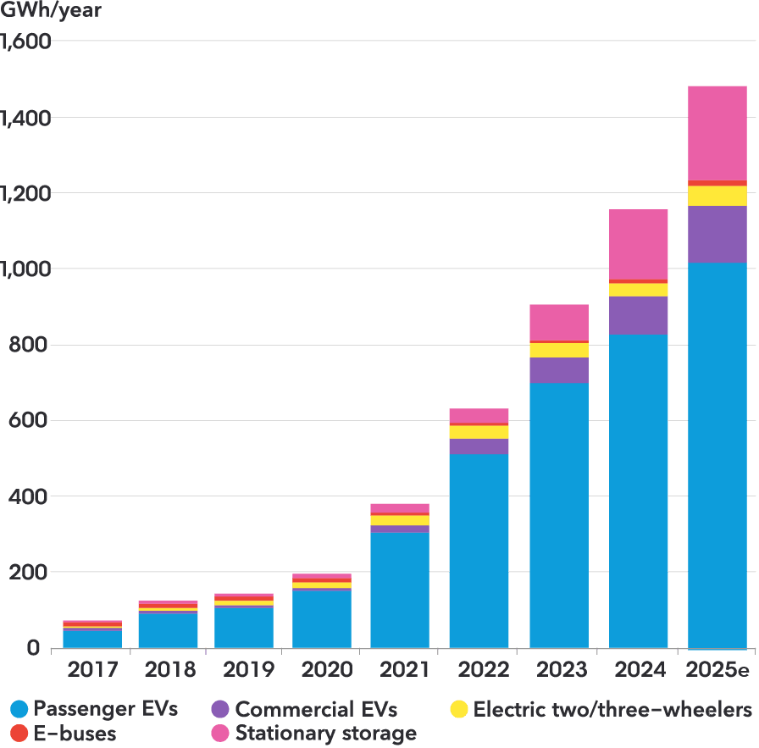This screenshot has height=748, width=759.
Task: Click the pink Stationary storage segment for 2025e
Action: pos(717,133)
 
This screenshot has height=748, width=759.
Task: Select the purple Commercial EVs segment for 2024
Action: pos(638,315)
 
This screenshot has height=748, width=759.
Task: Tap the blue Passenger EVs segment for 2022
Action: pos(479,551)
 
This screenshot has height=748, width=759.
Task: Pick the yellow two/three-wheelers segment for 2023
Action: pos(558,350)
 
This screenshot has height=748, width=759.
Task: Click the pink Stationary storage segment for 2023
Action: pos(558,322)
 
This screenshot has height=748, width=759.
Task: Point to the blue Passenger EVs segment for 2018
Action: pos(168,629)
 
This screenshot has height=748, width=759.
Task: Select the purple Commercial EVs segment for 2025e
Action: pos(717,234)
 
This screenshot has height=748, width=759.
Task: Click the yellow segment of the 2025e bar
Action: pos(717,196)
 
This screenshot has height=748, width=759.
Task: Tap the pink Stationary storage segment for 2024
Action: pos(638,244)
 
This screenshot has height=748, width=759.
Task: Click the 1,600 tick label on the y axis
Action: pos(26,41)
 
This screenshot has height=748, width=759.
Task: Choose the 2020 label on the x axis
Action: pos(327,670)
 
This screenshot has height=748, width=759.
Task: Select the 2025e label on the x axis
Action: pos(717,670)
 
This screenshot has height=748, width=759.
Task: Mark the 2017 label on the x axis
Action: pos(91,670)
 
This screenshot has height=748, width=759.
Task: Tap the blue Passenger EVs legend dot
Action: pos(19,709)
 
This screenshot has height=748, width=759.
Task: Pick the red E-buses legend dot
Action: pos(19,733)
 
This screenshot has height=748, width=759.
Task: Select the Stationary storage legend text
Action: pos(326,733)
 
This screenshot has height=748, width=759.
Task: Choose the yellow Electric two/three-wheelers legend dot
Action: pos(459,709)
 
